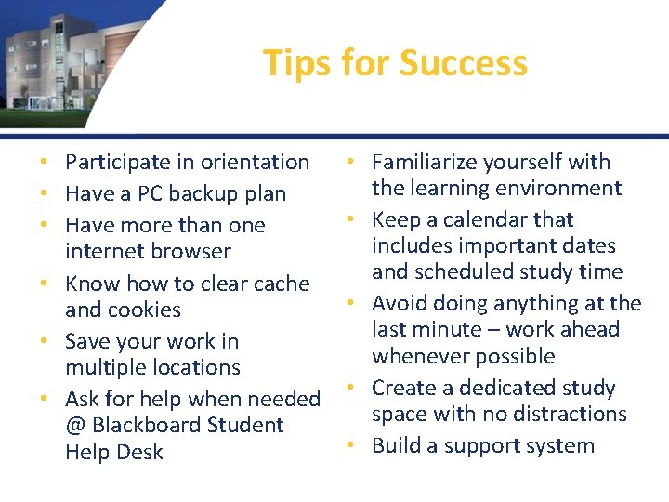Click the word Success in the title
tap(464, 63)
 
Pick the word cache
tap(279, 283)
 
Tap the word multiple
tap(109, 367)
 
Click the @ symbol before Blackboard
tap(75, 426)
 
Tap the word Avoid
tap(400, 303)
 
